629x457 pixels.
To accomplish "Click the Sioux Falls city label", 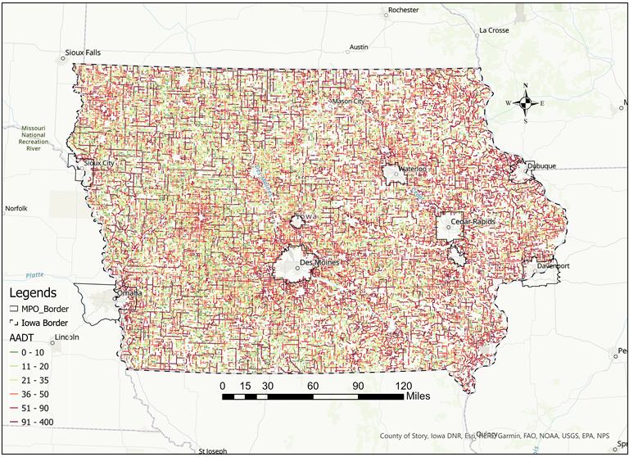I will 83,52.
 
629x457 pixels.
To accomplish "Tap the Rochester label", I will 403,10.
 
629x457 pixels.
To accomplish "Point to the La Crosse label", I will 494,30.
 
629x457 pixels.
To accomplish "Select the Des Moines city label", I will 319,263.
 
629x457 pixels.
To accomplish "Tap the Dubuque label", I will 541,165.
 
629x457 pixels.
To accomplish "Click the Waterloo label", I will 411,170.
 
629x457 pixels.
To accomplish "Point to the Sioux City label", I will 99,163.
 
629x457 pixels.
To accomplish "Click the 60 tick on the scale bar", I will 313,385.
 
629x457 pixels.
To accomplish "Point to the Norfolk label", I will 16,209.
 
